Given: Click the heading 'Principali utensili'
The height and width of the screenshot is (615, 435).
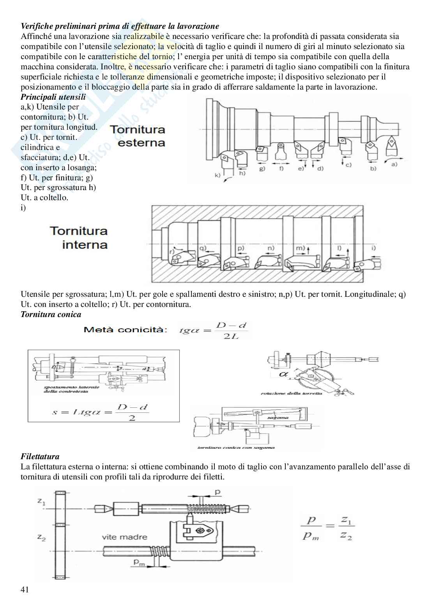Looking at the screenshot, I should coord(53,97).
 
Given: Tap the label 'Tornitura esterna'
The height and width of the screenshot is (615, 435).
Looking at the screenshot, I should coord(138,136).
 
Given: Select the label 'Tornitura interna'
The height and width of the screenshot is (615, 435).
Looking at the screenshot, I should coord(79,238).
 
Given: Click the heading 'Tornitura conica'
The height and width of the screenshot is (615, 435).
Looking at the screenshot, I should coord(51,314).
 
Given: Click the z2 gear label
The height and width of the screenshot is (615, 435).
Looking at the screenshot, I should coord(41,538).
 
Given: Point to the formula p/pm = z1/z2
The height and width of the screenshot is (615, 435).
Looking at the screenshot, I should coord(328,528).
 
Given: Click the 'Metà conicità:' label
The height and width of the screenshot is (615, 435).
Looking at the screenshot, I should coord(126,330).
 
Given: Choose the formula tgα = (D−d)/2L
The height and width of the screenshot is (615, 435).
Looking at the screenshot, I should coord(213,331).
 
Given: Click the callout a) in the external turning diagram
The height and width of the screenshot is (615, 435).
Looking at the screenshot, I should coord(394,164).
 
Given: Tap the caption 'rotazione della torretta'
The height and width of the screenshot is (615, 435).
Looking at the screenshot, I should coord(292,394).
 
